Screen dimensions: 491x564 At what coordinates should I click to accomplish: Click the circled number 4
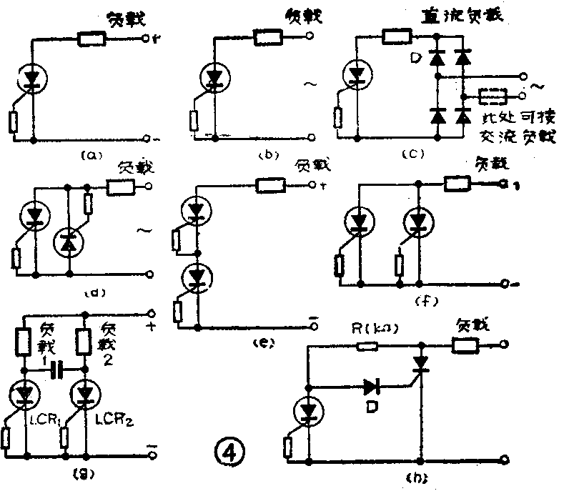click(x=231, y=451)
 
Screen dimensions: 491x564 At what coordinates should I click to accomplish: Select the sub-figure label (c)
click(x=415, y=153)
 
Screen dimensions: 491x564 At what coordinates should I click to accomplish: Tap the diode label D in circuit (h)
click(x=370, y=407)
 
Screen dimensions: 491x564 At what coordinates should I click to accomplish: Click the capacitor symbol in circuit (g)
click(x=60, y=370)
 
